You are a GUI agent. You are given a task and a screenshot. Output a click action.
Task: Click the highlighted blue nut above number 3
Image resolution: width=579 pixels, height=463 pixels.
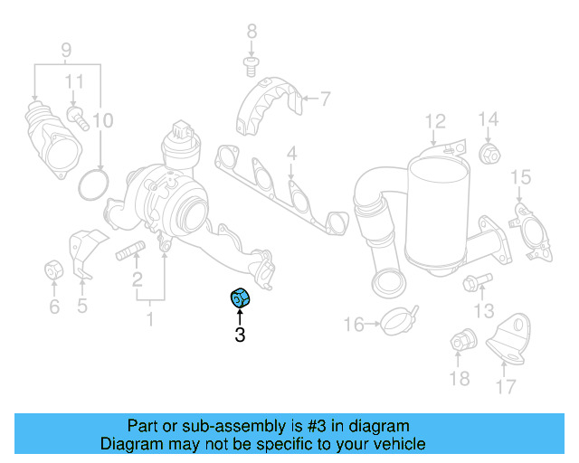point(241,297)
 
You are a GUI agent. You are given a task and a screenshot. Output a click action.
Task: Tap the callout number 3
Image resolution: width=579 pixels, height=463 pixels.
point(240,335)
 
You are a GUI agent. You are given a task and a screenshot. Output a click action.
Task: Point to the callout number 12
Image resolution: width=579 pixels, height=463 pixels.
point(435,120)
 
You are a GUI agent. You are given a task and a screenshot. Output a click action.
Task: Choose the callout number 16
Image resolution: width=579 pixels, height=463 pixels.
point(353,324)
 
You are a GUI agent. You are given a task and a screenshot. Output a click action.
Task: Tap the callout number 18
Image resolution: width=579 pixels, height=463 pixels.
point(460,379)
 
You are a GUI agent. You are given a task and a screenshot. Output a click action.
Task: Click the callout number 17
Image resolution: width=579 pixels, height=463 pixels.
point(506,387)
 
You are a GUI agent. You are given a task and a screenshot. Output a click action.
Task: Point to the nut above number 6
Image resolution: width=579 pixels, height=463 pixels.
point(53,269)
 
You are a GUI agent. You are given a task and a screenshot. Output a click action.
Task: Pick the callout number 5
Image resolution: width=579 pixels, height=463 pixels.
point(82,306)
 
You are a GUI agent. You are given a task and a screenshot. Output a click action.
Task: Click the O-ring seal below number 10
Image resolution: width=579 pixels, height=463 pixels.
point(93,184)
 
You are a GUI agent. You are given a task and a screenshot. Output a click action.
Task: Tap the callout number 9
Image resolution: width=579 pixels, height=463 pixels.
point(65,48)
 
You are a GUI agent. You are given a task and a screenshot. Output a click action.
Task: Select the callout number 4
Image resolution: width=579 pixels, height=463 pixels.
point(291,156)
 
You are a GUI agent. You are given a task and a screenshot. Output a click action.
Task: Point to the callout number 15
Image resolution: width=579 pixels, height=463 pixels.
point(520,175)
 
